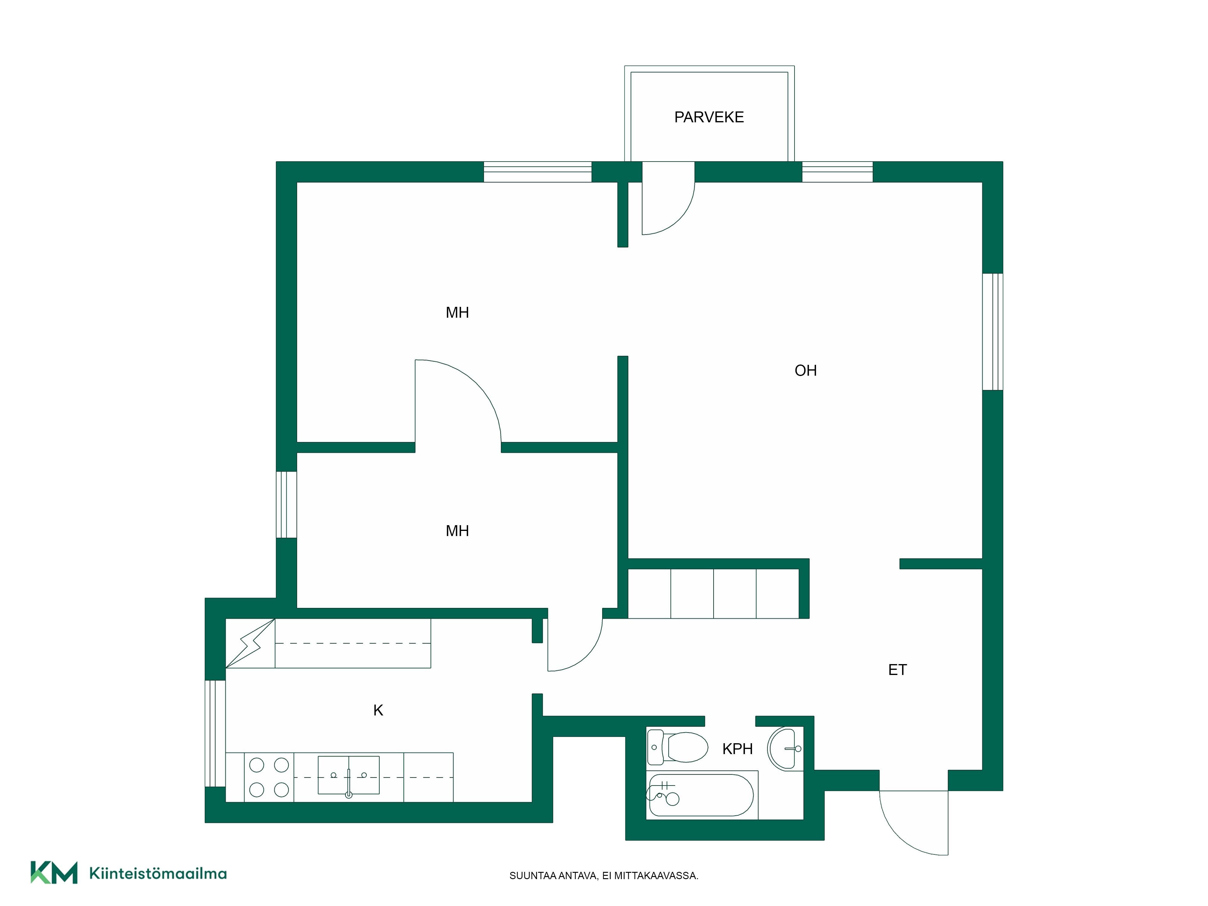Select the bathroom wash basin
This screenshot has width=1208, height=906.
pos(785,748)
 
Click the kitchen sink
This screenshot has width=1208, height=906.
pos(349,775)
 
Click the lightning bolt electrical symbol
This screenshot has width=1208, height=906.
pos(250,643)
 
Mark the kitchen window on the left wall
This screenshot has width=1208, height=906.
pos(215,734)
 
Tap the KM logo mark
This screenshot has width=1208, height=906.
pos(53,872)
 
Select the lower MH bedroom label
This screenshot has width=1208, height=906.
pos(457,531)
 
